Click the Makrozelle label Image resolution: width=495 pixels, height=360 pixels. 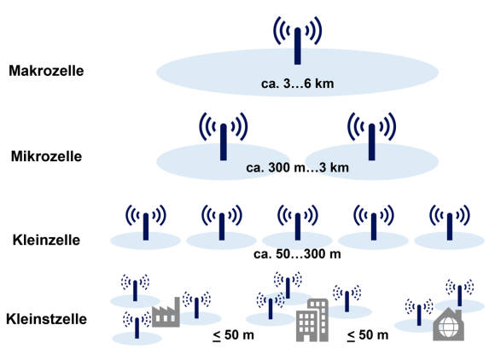coord(46,71)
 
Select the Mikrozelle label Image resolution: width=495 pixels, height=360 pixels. coord(46,156)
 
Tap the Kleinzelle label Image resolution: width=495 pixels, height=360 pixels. coord(46,240)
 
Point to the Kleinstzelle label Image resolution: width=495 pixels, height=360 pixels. coord(46,319)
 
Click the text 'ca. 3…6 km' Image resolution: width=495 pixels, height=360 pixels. coord(297,84)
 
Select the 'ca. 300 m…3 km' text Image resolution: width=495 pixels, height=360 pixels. coord(297,167)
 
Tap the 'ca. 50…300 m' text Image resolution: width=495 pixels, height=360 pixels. coord(297,254)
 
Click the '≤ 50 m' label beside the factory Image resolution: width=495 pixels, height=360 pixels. coord(234,335)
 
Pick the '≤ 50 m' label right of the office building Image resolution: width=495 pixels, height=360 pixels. coord(368,335)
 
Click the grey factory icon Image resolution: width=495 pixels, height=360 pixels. coord(166,313)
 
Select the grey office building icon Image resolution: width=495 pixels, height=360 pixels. coord(312,320)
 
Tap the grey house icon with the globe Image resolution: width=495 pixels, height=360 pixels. coord(449,324)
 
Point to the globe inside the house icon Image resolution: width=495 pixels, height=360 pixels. coord(448,328)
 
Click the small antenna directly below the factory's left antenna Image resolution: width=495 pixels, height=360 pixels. coord(137,328)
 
